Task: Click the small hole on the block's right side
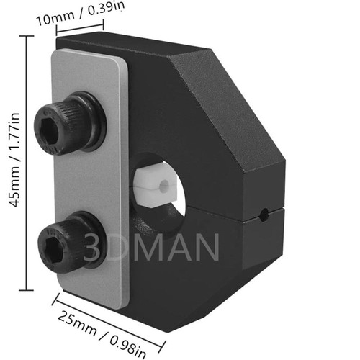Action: (x=265, y=214)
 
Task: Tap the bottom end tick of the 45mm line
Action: (x=29, y=289)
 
